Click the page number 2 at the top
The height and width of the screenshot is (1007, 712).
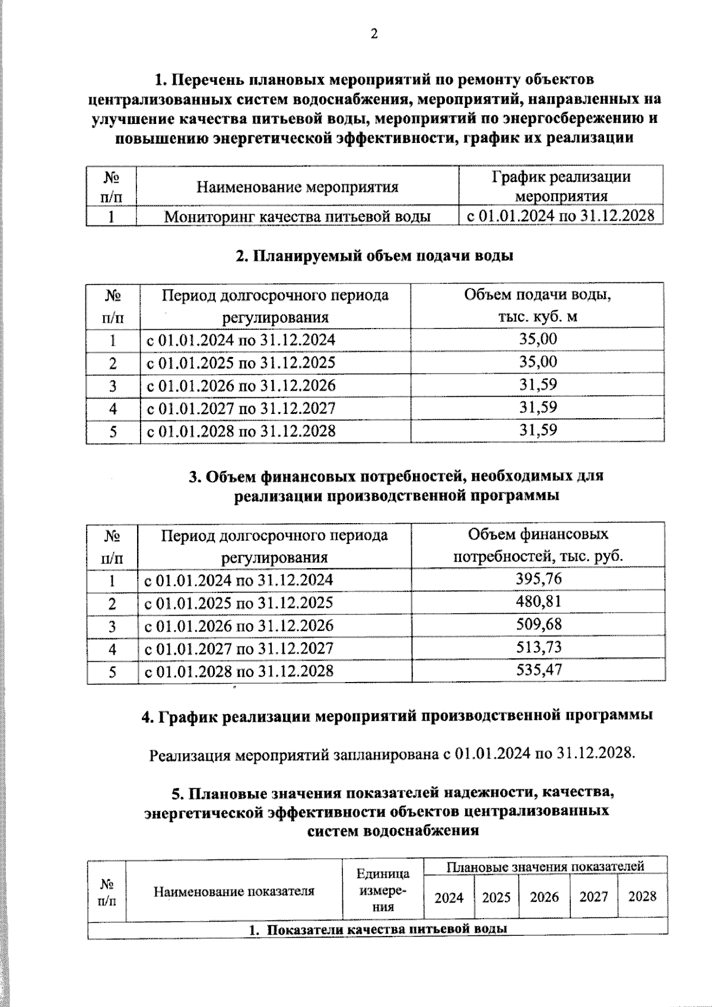coord(374,34)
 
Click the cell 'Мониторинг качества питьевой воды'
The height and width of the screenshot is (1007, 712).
coord(297,216)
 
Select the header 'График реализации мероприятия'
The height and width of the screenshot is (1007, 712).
coord(561,186)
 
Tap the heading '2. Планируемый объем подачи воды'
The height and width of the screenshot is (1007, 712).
coord(374,256)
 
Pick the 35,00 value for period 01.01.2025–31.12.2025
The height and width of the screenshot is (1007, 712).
coord(538,362)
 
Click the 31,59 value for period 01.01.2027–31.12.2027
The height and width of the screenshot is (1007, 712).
coord(538,407)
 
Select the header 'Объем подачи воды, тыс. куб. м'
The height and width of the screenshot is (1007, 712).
coord(538,305)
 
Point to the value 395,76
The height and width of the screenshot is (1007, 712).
coord(538,579)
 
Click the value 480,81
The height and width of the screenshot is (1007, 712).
coord(538,602)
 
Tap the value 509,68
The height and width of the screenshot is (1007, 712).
coord(538,624)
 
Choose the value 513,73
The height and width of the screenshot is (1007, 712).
coord(538,647)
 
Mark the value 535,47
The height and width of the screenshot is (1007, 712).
coord(538,670)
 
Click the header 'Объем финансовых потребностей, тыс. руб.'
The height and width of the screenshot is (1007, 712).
coord(538,546)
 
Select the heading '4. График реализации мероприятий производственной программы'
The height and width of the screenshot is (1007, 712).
coord(396,716)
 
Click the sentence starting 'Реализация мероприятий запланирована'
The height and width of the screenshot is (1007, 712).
coord(392,754)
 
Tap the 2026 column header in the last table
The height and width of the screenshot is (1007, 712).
coord(544,897)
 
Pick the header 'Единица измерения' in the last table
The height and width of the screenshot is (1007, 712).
coord(383,890)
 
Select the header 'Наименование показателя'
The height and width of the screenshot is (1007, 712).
coord(234,891)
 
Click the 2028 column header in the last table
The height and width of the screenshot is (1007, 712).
coord(642,896)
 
